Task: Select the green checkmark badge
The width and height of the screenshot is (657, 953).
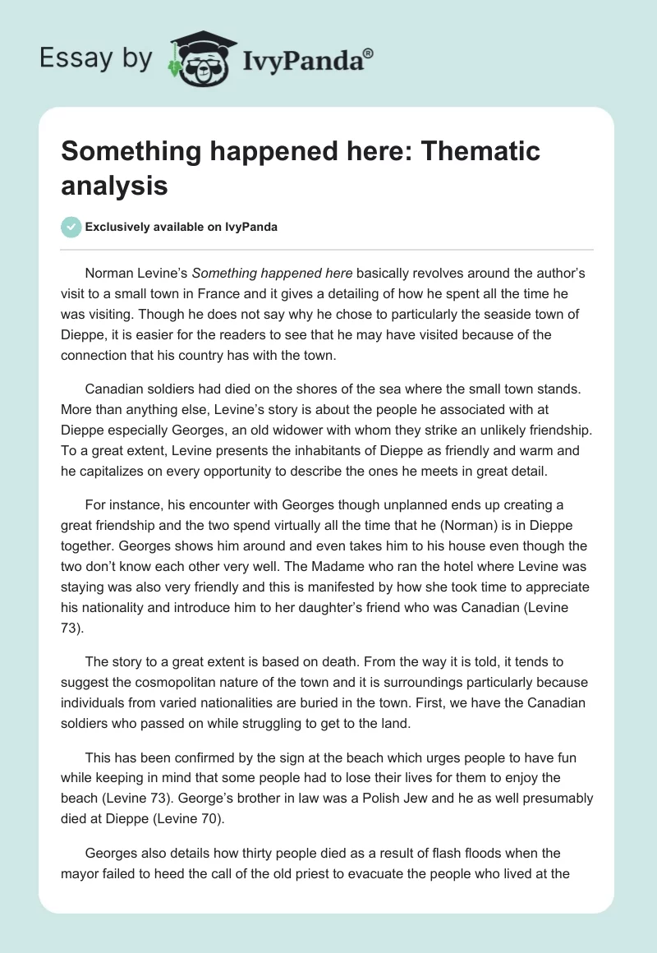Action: click(71, 227)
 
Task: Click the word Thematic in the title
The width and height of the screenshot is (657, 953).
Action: click(477, 151)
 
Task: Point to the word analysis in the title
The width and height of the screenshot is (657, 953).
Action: click(115, 185)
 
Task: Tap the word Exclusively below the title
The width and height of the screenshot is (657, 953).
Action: click(120, 228)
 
